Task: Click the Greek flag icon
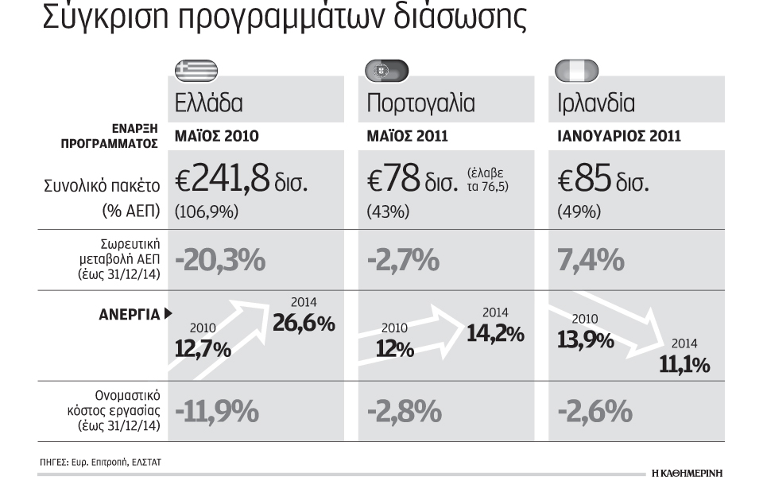(196, 71)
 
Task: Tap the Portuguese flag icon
(387, 71)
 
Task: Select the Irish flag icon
(577, 71)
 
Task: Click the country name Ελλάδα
(209, 103)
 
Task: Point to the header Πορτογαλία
(421, 103)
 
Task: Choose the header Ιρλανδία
(596, 103)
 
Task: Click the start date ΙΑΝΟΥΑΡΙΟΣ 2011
(619, 136)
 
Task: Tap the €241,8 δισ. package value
(242, 179)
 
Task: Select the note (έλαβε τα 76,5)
(487, 180)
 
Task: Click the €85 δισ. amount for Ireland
(603, 179)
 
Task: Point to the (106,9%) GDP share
(207, 211)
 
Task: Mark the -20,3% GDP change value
(220, 260)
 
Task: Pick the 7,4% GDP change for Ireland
(591, 260)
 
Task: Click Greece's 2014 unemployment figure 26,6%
(304, 323)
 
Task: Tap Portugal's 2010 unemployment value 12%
(395, 349)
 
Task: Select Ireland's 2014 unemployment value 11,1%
(684, 365)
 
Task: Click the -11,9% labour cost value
(217, 411)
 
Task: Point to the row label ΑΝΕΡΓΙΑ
(130, 315)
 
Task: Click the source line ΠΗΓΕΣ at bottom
(100, 462)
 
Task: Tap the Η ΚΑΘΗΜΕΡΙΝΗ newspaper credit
(687, 472)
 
